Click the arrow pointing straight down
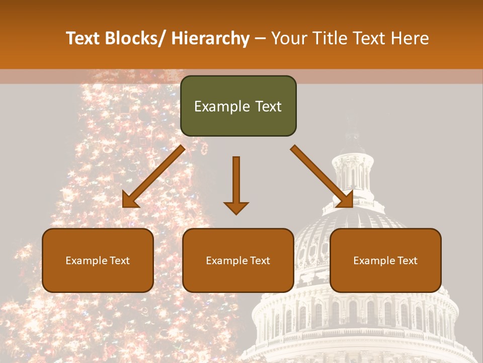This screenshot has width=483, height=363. tap(236, 185)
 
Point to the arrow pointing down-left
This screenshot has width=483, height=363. tap(154, 176)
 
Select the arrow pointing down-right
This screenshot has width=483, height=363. tap(321, 176)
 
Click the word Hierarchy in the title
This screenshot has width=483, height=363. tap(210, 38)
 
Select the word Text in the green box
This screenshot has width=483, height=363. tap(268, 106)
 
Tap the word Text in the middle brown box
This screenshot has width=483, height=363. tap(259, 261)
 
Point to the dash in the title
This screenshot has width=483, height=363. tap(260, 38)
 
